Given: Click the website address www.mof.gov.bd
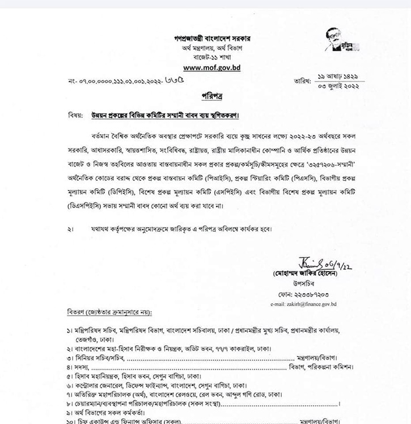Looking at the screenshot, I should click(x=213, y=67).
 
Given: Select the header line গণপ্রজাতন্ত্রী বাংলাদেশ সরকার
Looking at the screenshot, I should click(x=213, y=38).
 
